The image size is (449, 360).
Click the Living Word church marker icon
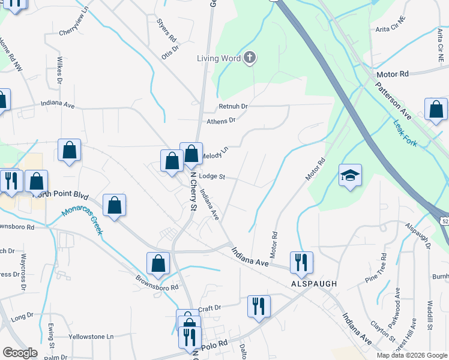pyautogui.click(x=250, y=58)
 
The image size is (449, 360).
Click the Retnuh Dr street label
pyautogui.click(x=233, y=106)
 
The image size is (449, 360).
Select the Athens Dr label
pyautogui.click(x=221, y=121)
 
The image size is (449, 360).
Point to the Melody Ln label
pyautogui.click(x=214, y=154)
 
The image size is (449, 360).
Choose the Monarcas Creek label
pyautogui.click(x=83, y=221)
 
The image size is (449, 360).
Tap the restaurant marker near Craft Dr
pyautogui.click(x=259, y=305)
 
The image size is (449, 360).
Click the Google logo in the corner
pyautogui.click(x=20, y=353)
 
